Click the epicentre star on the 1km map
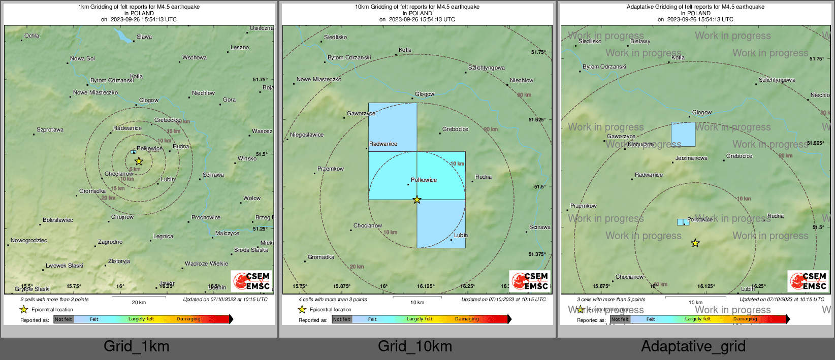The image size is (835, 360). click(x=139, y=161)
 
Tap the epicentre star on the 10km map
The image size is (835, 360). click(x=417, y=200)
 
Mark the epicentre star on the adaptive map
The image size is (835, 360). click(x=695, y=243)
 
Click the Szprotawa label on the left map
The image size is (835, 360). click(x=50, y=130)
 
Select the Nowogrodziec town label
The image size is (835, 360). click(x=29, y=241)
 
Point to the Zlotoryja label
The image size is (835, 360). click(x=119, y=261)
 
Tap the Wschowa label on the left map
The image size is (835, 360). click(x=195, y=58)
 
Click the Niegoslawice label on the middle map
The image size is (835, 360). click(x=307, y=135)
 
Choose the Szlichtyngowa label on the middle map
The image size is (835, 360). click(x=487, y=68)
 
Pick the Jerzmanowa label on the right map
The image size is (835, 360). click(x=691, y=158)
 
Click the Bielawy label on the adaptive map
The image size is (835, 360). click(x=640, y=42)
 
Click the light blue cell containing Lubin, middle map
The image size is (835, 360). click(x=441, y=223)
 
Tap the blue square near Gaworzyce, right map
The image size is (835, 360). click(x=683, y=135)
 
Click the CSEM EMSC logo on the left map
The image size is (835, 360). click(x=252, y=281)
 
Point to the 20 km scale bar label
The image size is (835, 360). click(x=139, y=303)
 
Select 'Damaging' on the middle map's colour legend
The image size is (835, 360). click(x=467, y=319)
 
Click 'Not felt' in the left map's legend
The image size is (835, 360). click(x=63, y=319)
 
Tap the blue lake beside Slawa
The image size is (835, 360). click(x=123, y=36)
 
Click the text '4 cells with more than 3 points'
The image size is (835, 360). click(x=333, y=300)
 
